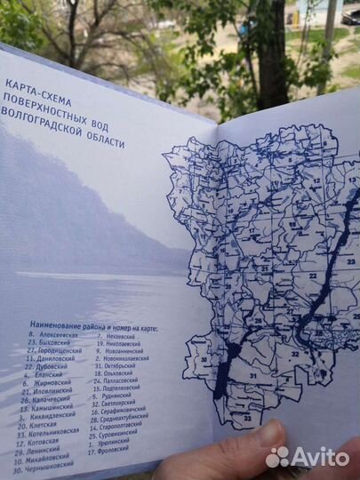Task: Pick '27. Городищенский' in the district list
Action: point(54,352)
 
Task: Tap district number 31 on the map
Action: point(252,377)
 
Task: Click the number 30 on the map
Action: point(204,361)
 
